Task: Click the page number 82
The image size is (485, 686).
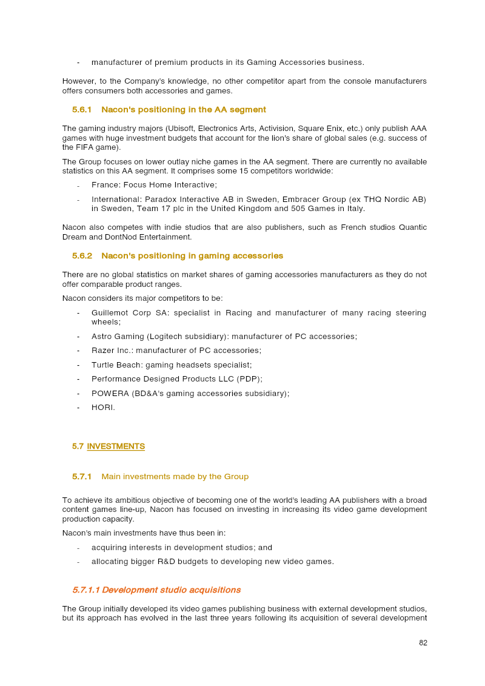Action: tap(423, 643)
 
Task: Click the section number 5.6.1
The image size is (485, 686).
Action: tap(81, 110)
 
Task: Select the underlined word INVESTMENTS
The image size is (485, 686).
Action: tap(116, 446)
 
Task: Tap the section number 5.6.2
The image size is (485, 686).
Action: tap(82, 256)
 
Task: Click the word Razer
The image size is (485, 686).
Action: tap(102, 351)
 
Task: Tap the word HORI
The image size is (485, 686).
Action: tap(102, 408)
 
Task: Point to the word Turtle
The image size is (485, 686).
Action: tap(104, 365)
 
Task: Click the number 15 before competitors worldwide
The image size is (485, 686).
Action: tap(276, 171)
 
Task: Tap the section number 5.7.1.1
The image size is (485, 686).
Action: tap(85, 590)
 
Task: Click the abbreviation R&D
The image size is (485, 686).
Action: tap(167, 562)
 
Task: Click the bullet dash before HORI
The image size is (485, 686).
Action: tap(78, 408)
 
